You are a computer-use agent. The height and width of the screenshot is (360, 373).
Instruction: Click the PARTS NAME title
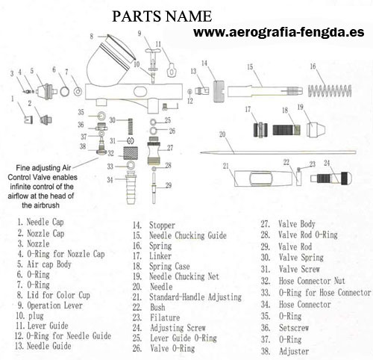tap(162, 16)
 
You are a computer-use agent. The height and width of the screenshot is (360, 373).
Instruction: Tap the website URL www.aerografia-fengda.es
tap(279, 32)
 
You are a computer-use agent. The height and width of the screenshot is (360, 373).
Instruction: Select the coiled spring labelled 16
tap(330, 91)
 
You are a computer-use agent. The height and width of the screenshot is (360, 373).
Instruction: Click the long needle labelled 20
tap(278, 152)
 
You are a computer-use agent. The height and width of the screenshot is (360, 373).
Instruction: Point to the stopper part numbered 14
tap(219, 91)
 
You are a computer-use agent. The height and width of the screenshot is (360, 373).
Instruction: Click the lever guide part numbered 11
tap(172, 70)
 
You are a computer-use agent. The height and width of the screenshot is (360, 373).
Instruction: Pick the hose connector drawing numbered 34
tap(131, 188)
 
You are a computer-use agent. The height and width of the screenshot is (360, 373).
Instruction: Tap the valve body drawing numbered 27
tap(153, 151)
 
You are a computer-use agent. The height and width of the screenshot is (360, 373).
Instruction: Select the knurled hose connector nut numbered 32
tap(131, 153)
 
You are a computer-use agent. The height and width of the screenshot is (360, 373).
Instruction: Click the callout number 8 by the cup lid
tap(92, 37)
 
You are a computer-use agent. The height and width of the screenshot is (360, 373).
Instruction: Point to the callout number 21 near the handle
tap(225, 166)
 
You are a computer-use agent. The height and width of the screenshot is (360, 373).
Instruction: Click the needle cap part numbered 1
tap(28, 120)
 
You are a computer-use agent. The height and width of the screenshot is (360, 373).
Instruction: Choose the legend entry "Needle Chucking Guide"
tap(188, 235)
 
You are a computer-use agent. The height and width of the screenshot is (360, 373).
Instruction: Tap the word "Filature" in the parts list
tap(165, 317)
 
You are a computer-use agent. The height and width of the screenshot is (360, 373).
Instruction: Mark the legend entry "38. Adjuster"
tap(285, 351)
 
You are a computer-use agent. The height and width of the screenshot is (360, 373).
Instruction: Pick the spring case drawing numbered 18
tap(286, 130)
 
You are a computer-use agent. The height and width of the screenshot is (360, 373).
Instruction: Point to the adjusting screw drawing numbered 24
tap(331, 179)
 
